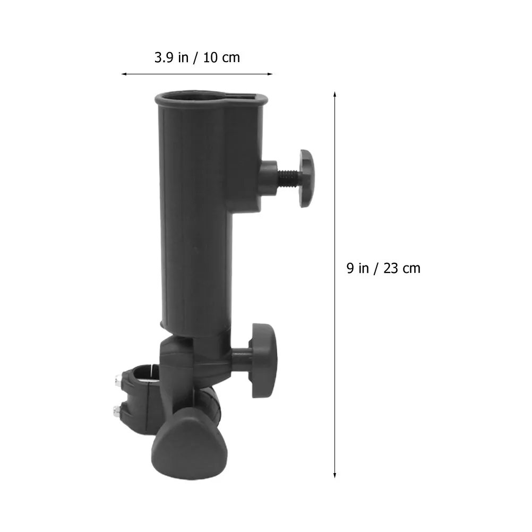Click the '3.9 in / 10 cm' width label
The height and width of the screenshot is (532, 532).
point(197,58)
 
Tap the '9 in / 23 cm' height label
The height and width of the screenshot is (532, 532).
point(383,268)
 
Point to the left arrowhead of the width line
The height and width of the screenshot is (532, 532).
point(124,74)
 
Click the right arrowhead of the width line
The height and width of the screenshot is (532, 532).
point(270,74)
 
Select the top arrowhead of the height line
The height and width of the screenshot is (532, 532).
point(335,95)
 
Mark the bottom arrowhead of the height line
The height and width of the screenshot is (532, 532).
point(335,475)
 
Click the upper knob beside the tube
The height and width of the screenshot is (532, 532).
point(307,178)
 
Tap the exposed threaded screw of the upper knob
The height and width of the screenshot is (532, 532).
point(289,178)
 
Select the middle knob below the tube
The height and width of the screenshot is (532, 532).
point(264,361)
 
